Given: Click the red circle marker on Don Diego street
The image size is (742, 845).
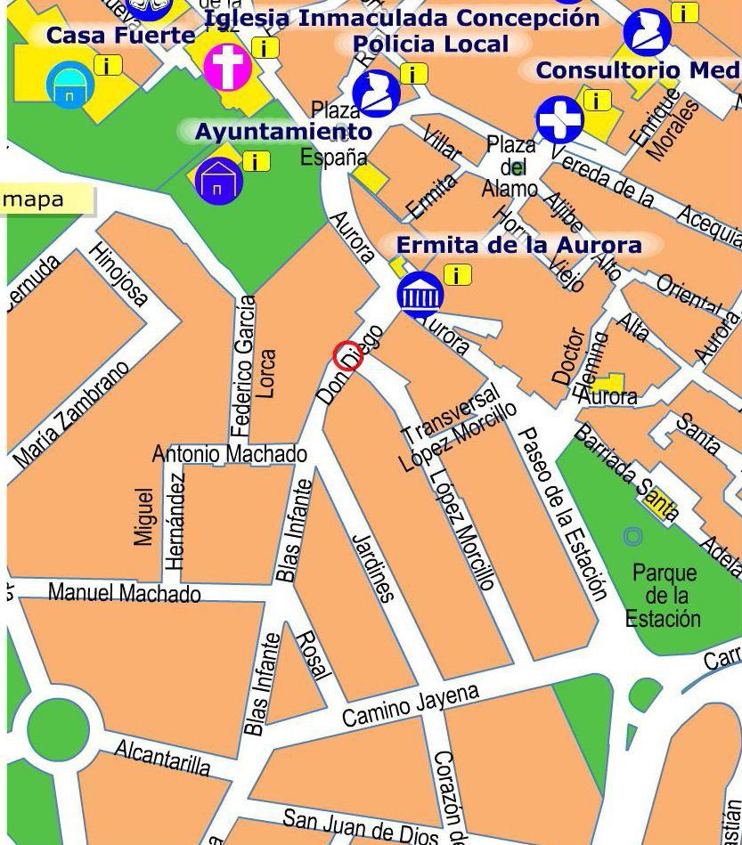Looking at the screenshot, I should (347, 355).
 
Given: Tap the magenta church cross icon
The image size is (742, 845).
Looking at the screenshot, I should (227, 67).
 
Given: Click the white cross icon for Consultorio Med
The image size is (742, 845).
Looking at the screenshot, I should (559, 119).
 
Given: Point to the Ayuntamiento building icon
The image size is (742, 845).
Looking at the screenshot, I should (218, 181).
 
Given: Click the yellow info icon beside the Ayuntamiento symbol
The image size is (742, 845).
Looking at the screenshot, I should (257, 161).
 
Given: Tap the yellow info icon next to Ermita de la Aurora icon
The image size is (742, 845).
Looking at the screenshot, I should (457, 275).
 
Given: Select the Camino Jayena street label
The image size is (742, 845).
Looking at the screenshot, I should (411, 704).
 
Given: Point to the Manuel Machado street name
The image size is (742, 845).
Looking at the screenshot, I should (124, 592).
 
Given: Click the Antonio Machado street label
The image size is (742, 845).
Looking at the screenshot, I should (230, 454).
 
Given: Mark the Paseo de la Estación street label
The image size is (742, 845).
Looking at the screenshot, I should (564, 514).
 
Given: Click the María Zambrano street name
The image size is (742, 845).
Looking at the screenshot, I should (72, 415).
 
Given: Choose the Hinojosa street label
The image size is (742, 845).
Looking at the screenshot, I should (118, 274).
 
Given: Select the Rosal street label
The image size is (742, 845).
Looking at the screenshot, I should (313, 655).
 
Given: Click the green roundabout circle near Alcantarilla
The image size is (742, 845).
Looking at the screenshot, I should (58, 728).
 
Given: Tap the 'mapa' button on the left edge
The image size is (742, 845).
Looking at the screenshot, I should (45, 199).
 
